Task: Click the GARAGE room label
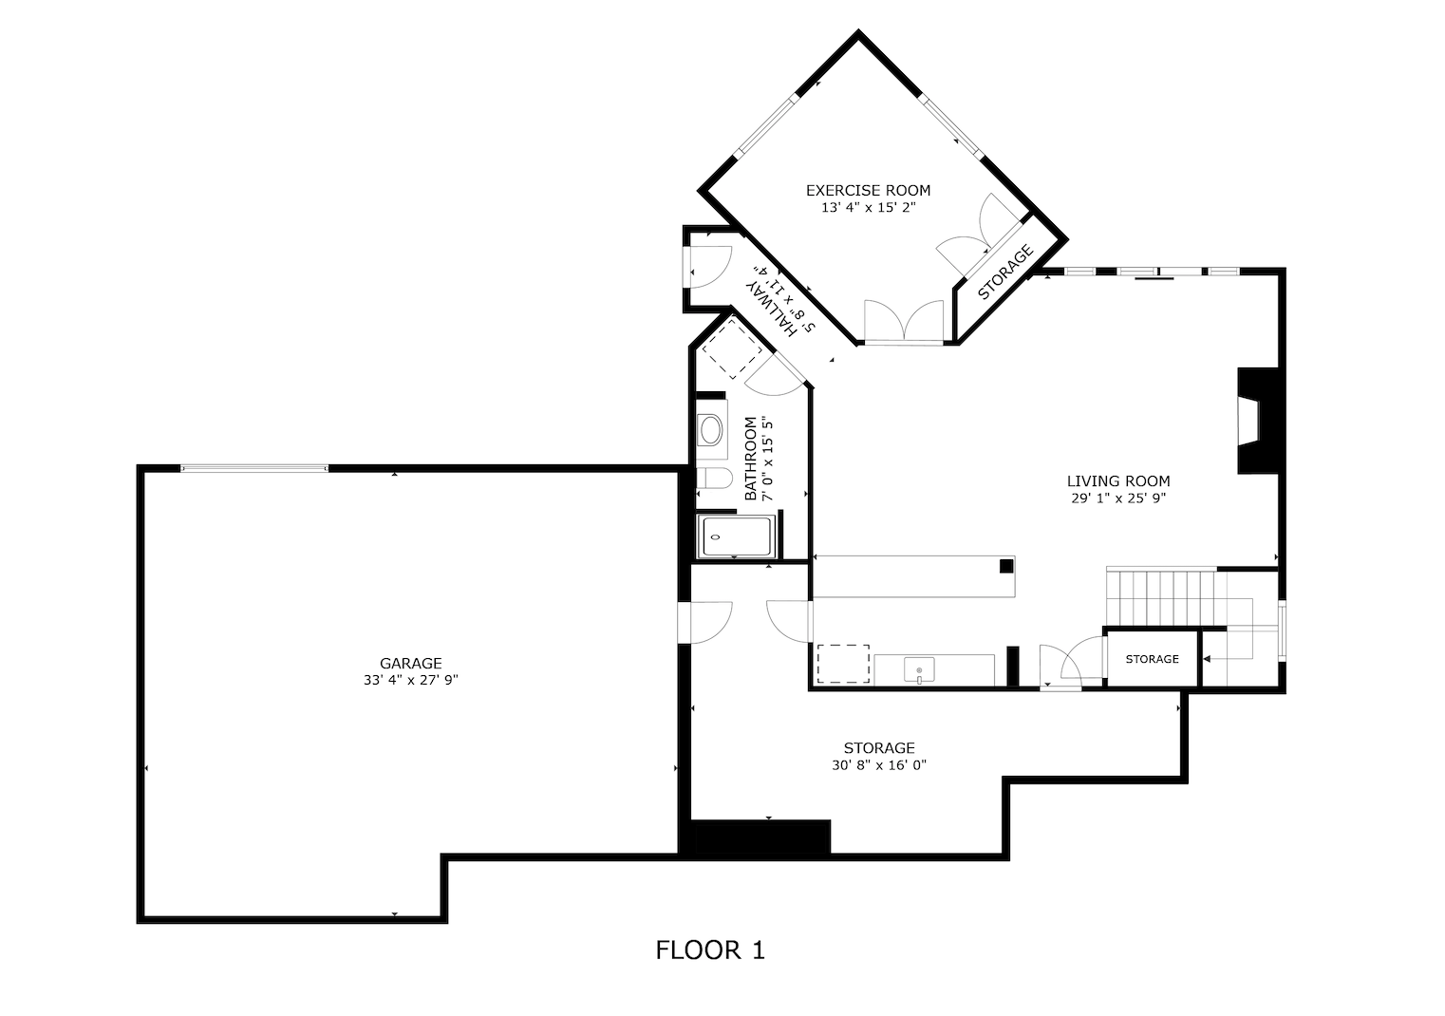pos(410,664)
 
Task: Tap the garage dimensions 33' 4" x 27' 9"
pos(410,680)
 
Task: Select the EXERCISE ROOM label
pos(868,190)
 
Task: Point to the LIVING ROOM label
pos(1117,481)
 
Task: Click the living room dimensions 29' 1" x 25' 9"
pos(1117,498)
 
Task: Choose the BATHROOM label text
pos(750,459)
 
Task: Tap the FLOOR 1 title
pos(709,950)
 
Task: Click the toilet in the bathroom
pos(711,478)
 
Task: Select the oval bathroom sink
pos(710,431)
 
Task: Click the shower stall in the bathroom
pos(737,537)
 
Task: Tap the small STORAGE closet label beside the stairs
pos(1152,659)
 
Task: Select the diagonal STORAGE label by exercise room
pos(1004,273)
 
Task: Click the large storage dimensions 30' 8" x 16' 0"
pos(878,764)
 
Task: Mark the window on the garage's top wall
pos(253,467)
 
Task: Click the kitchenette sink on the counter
pos(918,670)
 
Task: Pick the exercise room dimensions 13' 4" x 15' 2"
pos(868,207)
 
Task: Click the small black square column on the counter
pos(1005,567)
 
